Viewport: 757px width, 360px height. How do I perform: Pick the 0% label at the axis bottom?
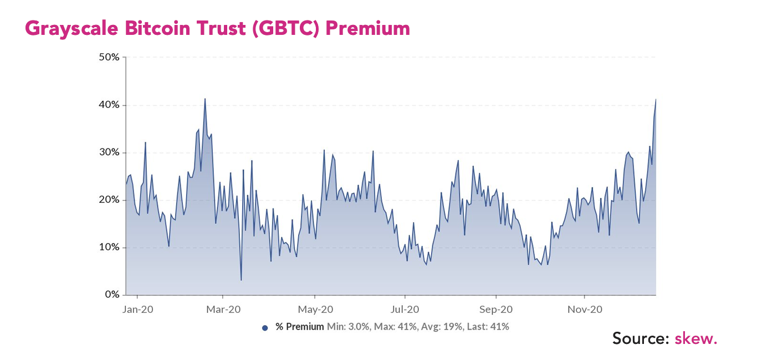point(112,295)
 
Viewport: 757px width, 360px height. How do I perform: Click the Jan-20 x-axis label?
point(137,310)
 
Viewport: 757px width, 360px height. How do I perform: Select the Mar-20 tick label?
point(223,310)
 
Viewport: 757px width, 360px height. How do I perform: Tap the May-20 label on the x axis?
point(315,310)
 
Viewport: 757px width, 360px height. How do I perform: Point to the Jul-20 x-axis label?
point(405,310)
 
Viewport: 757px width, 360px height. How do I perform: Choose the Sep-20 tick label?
point(496,310)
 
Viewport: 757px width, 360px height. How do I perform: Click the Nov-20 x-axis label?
point(585,310)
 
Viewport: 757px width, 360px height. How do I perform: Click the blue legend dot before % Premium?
point(265,328)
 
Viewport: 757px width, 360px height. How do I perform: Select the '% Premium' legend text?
point(300,327)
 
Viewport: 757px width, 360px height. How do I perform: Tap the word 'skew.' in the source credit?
point(696,338)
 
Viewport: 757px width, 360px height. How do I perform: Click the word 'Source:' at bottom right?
point(641,338)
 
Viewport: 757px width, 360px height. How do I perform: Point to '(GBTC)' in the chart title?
point(287,29)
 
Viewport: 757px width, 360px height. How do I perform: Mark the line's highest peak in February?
point(205,99)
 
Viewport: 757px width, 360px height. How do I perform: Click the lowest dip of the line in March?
point(241,280)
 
